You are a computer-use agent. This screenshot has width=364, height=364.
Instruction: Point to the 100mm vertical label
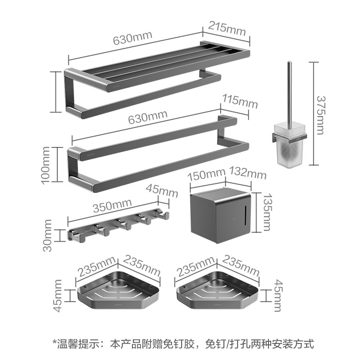pos(46,164)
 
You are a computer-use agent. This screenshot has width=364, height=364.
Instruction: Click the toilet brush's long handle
pos(289,91)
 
